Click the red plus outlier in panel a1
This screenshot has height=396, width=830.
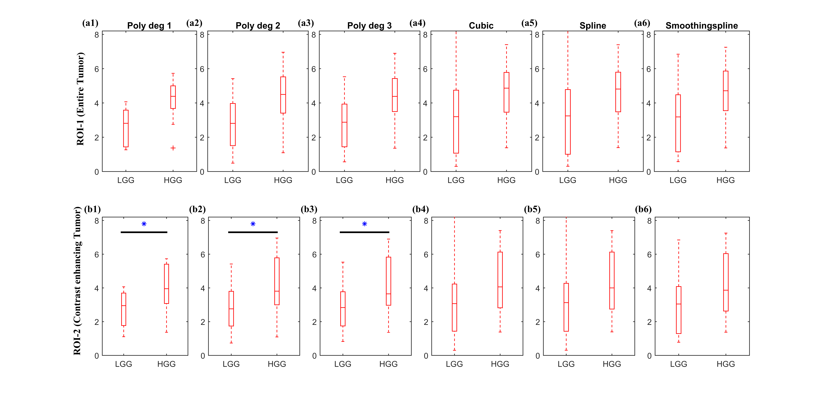point(173,148)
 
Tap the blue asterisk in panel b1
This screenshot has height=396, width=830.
point(144,224)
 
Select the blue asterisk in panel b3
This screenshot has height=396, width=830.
point(364,224)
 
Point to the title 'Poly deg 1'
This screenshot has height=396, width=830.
point(149,25)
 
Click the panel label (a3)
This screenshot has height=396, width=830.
point(305,23)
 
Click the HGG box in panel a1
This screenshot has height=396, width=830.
point(173,97)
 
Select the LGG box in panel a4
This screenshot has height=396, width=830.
point(456,122)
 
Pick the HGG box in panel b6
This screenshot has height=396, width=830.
point(726,282)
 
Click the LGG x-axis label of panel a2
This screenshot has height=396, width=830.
point(233,180)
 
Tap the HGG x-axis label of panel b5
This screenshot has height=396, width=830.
point(612,364)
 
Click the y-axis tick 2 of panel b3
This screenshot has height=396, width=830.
point(314,322)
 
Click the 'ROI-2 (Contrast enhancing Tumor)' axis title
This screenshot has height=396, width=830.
point(77,281)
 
